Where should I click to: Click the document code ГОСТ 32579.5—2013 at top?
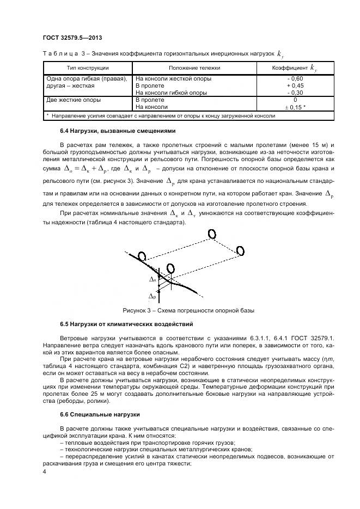tap(72, 38)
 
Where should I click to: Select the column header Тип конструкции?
tap(88, 68)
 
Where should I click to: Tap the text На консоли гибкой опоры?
tap(170, 93)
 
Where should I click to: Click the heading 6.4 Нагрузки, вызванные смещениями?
tap(113, 131)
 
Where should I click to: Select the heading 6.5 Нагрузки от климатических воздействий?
tap(126, 324)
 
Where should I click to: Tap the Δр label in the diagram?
tap(153, 297)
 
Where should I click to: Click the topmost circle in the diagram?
tap(211, 234)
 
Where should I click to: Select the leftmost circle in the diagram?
tap(142, 256)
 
